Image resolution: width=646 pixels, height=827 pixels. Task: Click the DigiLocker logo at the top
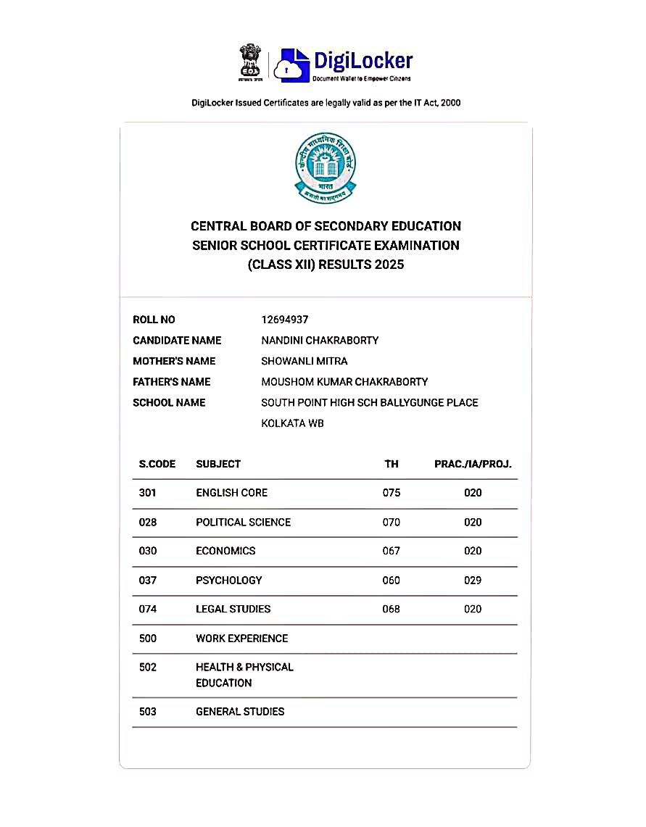point(346,64)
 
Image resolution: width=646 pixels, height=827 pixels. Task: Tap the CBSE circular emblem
point(325,167)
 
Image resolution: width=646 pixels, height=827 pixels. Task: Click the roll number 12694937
point(285,320)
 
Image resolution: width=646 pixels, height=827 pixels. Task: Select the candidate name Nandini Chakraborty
point(320,341)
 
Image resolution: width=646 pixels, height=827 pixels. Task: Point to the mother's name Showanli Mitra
point(304,361)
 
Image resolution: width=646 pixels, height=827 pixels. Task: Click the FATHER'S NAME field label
point(172,382)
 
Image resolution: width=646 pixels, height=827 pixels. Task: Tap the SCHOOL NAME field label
point(169,402)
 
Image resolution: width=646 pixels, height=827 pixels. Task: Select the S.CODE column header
point(157,464)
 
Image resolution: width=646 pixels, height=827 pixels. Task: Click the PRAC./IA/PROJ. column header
point(473,464)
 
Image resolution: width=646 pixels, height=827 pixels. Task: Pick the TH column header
point(392,464)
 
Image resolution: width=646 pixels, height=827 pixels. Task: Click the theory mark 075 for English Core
point(392,493)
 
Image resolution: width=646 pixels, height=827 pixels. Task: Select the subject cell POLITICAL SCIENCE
point(243,522)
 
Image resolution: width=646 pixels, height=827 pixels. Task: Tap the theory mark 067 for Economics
point(392,551)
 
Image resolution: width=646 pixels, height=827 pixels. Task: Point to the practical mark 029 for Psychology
point(473,580)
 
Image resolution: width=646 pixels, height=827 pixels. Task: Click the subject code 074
point(148,609)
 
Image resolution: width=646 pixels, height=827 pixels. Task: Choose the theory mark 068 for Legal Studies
point(392,609)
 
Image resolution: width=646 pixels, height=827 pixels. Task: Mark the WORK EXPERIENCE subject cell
point(241,639)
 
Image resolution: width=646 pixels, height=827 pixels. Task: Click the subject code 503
point(148,712)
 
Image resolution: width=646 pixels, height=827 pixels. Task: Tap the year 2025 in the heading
point(389,265)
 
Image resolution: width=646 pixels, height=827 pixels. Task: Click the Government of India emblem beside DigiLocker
point(250,62)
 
